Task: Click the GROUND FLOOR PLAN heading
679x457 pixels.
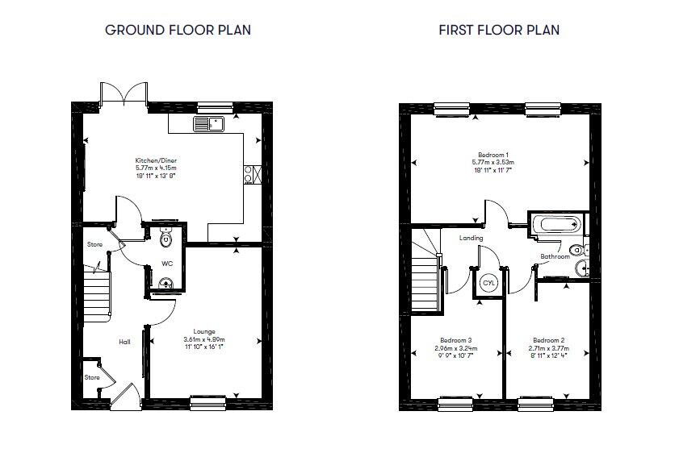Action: tap(178, 31)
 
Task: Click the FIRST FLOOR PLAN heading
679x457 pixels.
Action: tap(499, 31)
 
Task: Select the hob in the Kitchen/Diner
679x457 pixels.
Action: tap(250, 173)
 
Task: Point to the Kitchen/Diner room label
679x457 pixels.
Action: tap(155, 160)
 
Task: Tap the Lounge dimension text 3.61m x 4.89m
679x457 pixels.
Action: tap(203, 339)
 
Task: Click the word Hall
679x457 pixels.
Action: tap(125, 342)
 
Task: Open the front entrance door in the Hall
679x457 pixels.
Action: tap(124, 398)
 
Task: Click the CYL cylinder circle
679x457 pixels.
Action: tap(488, 283)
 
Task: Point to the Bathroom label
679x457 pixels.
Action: tap(555, 256)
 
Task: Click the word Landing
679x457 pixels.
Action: tap(472, 238)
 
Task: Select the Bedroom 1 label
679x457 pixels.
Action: tap(492, 154)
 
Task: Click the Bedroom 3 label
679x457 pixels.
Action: tap(456, 339)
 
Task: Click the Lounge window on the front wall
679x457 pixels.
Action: tap(207, 398)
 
